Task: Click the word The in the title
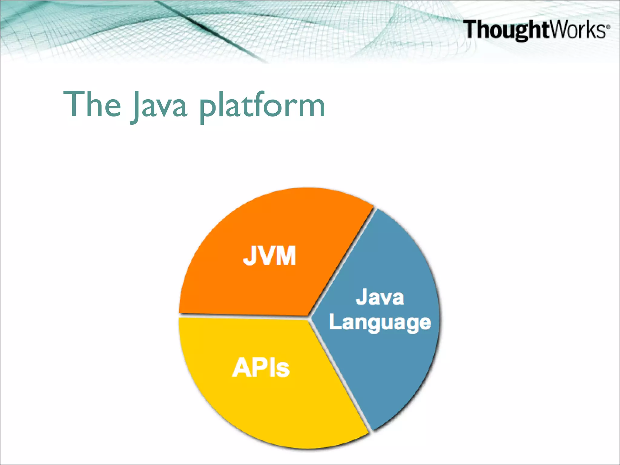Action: (x=92, y=104)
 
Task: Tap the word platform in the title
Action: (x=262, y=106)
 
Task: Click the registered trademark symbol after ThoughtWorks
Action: (x=608, y=26)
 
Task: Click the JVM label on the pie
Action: (x=269, y=256)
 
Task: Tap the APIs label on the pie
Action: (x=261, y=368)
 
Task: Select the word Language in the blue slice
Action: (x=380, y=323)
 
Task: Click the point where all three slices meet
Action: (x=309, y=317)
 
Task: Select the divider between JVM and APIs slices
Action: (x=242, y=316)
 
